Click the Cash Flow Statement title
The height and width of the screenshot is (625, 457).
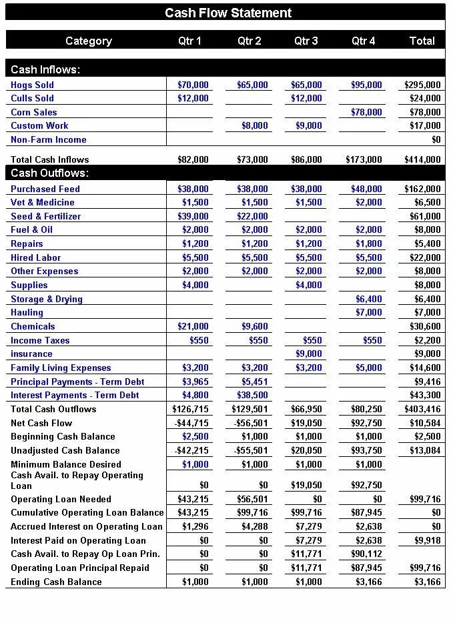point(228,13)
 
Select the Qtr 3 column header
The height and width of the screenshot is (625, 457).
point(306,41)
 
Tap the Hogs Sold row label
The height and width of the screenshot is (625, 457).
point(32,85)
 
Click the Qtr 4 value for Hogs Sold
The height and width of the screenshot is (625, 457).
point(366,85)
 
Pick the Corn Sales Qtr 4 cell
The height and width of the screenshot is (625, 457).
point(366,112)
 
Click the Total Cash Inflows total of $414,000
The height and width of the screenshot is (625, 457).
point(422,159)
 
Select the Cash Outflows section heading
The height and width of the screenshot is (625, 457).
point(50,173)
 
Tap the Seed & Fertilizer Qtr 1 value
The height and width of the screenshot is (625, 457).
point(193,216)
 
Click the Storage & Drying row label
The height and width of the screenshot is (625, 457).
point(47,299)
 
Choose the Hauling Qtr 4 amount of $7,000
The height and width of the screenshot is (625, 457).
point(369,312)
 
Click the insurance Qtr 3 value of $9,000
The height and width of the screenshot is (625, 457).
point(309,354)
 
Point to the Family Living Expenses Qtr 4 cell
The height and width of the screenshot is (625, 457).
point(369,368)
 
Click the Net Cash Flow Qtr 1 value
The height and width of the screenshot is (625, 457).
point(191,423)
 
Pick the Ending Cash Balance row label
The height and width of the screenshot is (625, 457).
point(56,582)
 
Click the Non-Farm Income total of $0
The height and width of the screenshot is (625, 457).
point(436,139)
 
